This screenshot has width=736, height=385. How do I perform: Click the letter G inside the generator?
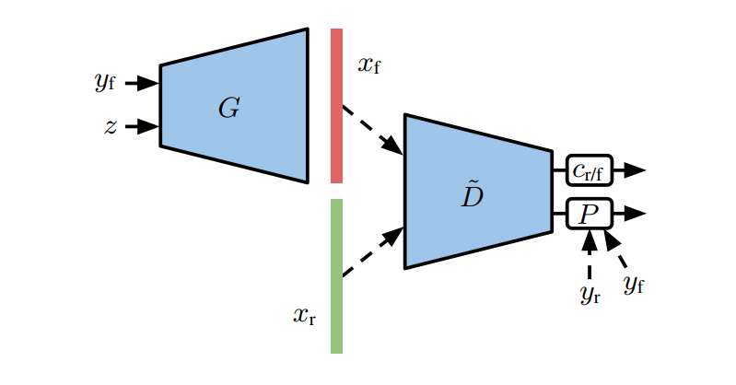[228, 109]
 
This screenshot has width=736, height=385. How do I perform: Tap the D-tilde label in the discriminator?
[472, 194]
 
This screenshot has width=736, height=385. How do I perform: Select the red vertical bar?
[336, 106]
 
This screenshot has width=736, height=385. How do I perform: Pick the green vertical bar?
[336, 276]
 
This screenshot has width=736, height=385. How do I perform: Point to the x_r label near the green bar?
[306, 316]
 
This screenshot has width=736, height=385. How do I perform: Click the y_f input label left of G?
[104, 83]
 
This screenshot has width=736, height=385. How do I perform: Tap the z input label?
[111, 127]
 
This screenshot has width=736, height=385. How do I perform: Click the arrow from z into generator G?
[142, 127]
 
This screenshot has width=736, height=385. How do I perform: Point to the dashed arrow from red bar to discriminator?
[372, 130]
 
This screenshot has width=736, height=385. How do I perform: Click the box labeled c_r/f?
[589, 170]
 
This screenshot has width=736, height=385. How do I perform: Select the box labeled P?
[589, 215]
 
